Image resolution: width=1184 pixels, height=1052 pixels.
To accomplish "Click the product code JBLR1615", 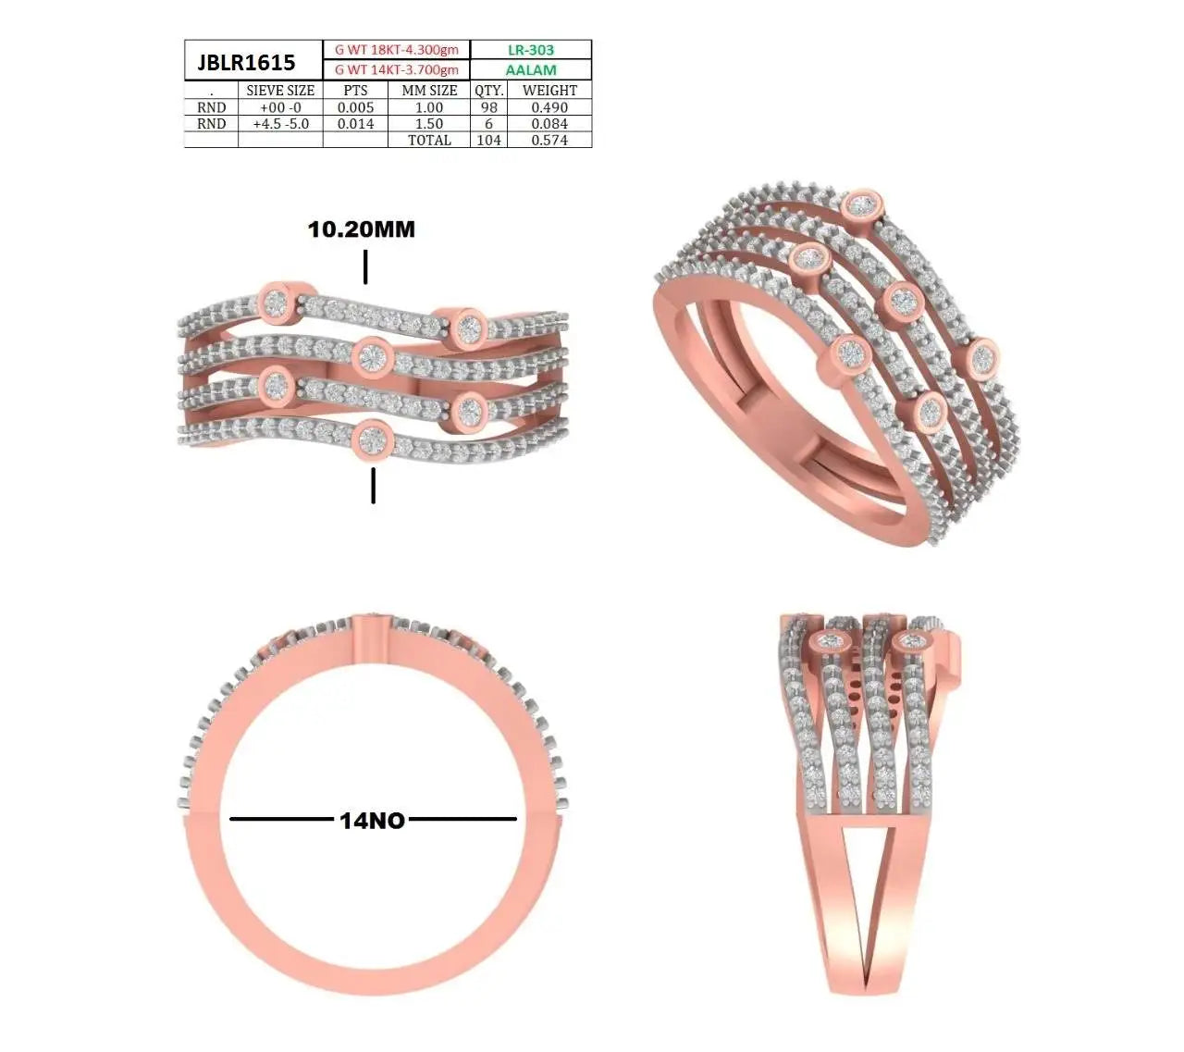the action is coord(246,62).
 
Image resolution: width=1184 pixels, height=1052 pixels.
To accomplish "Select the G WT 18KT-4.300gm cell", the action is coord(396,50).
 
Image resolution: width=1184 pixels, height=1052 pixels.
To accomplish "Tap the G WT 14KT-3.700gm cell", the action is coord(396,70).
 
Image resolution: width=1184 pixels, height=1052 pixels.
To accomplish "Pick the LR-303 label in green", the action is coord(531,50).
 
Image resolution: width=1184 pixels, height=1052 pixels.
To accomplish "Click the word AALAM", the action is coord(531,70).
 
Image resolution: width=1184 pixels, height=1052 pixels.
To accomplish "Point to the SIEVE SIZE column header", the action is coord(280,91).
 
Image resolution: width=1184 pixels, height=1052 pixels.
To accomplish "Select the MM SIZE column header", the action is coord(429,91).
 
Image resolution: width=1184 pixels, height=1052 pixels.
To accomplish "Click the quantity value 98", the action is coord(488,107).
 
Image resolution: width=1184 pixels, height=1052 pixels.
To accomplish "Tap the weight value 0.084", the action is coord(549,124).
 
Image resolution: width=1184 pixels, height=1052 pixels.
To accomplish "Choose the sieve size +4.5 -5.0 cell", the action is coord(280,124).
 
